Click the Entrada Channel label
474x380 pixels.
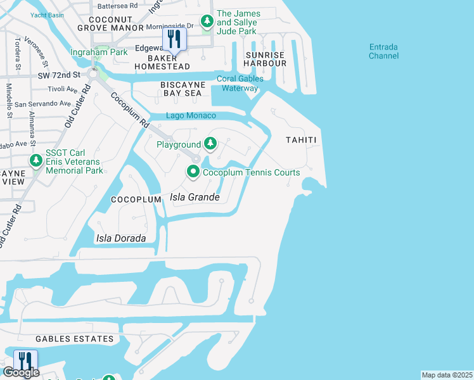384,51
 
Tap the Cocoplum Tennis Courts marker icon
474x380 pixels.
193,172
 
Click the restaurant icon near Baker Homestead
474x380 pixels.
173,39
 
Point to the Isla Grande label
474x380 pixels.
195,198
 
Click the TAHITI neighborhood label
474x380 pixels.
300,139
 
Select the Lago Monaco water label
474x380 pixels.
191,116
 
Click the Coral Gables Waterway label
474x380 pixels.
240,84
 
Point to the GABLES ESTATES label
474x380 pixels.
75,339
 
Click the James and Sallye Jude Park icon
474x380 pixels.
207,22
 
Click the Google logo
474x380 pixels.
20,372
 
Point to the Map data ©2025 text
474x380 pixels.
447,375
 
